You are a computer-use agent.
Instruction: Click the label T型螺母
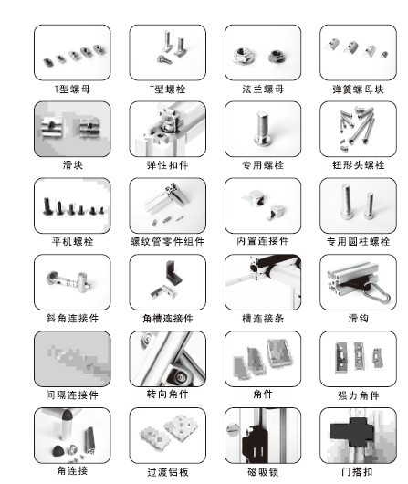click(x=72, y=89)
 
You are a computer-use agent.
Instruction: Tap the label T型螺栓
click(x=167, y=89)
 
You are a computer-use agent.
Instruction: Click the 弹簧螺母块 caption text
click(x=357, y=89)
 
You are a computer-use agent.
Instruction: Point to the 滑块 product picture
click(x=72, y=128)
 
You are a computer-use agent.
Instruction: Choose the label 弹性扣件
click(x=167, y=165)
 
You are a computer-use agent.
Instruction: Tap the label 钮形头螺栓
click(x=357, y=165)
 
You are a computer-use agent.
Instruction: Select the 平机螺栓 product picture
click(x=72, y=205)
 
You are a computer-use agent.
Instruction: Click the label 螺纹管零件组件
click(x=167, y=242)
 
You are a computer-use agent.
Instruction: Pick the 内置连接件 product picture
click(x=262, y=205)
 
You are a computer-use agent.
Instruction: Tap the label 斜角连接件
click(x=72, y=318)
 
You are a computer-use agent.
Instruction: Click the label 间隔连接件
click(x=72, y=395)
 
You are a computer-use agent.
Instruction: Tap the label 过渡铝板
click(x=167, y=472)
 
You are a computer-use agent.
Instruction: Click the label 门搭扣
click(x=357, y=471)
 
